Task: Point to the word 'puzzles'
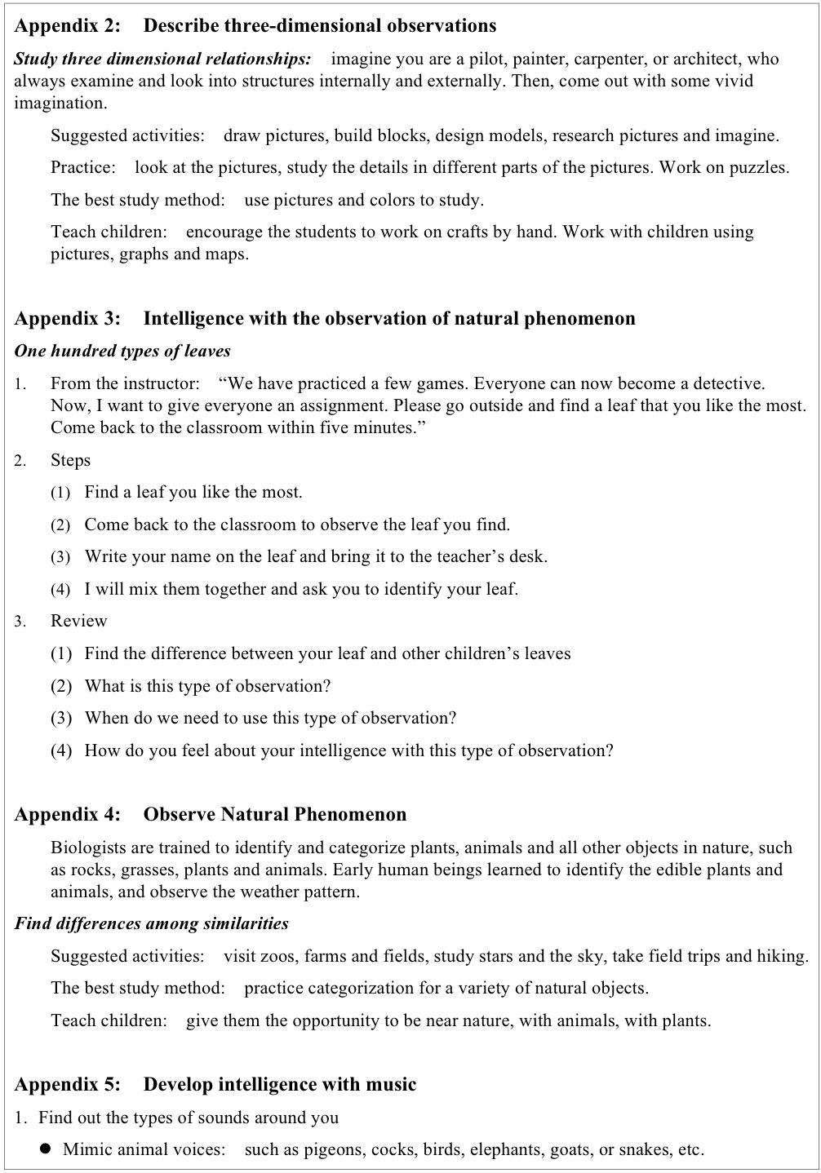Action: coord(759,168)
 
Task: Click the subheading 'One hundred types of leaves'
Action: coord(122,352)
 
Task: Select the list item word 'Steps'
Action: coord(70,460)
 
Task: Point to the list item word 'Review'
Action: coord(78,621)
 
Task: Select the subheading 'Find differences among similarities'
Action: coord(151,923)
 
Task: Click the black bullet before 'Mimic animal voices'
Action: coord(46,1149)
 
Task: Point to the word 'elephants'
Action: coord(507,1149)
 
